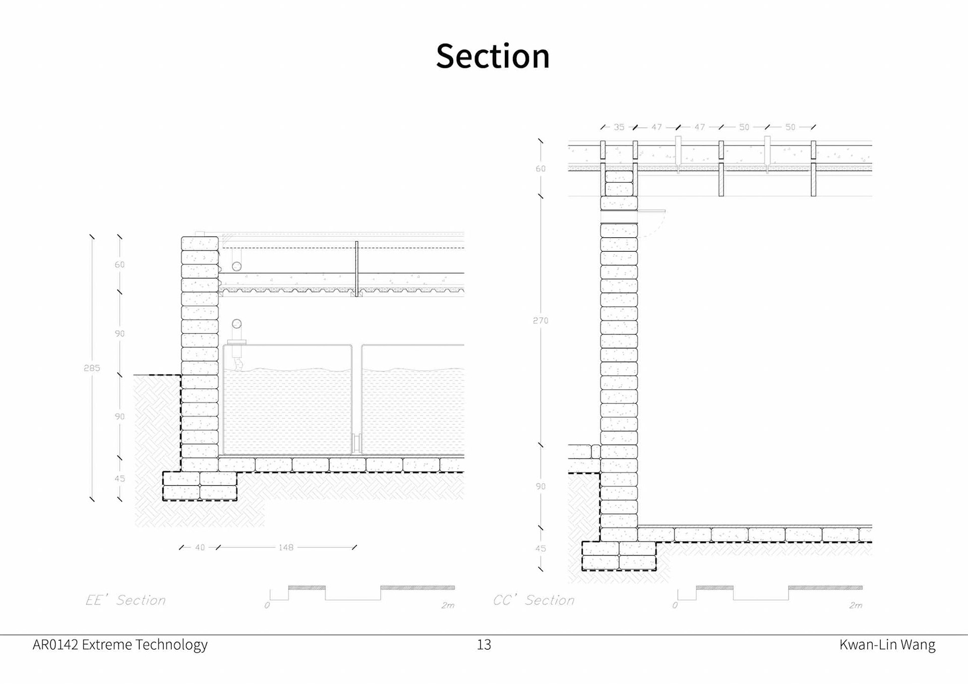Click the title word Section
[x=493, y=56]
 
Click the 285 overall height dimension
[x=92, y=368]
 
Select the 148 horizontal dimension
[x=286, y=548]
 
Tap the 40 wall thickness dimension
[x=200, y=548]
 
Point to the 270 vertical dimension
[x=540, y=320]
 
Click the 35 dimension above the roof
[x=619, y=127]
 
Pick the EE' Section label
[x=126, y=600]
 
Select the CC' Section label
[x=534, y=600]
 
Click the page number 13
[x=484, y=645]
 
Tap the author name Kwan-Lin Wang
[x=887, y=645]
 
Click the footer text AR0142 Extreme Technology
[x=120, y=645]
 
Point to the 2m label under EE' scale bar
[x=448, y=605]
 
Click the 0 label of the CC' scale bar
[x=675, y=605]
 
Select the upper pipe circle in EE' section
[x=236, y=266]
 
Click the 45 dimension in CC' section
[x=540, y=549]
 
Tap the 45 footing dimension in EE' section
[x=119, y=478]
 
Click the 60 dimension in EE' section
[x=119, y=264]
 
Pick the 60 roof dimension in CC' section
[x=540, y=169]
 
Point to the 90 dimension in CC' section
[x=540, y=487]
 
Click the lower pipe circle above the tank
[x=236, y=324]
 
